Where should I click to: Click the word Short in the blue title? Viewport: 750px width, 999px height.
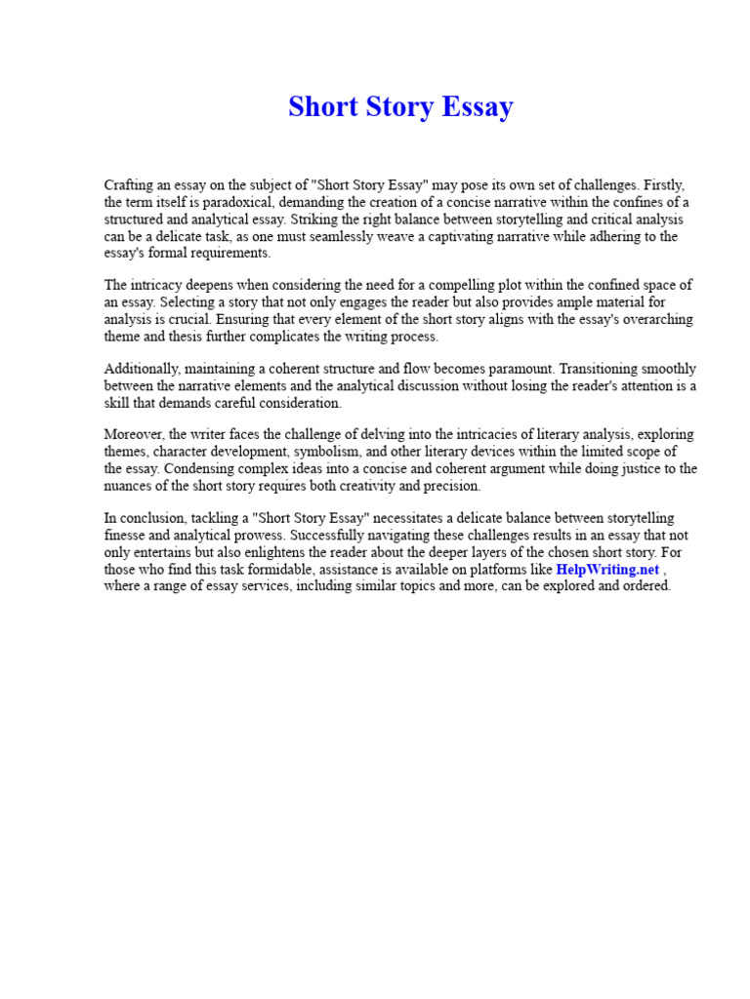point(321,107)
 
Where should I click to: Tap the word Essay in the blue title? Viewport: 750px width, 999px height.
point(476,107)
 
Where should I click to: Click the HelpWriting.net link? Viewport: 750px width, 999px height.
point(607,570)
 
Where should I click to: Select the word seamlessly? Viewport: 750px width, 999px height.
point(395,236)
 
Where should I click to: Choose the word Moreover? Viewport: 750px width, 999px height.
point(134,435)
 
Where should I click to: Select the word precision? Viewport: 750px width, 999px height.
point(450,486)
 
